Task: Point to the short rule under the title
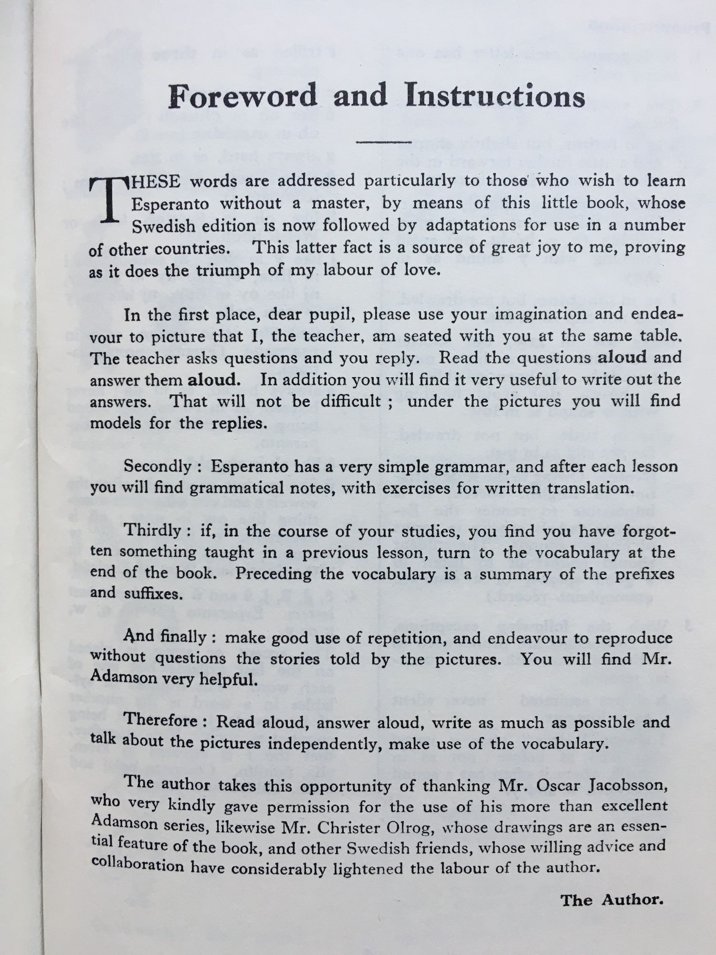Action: coord(384,141)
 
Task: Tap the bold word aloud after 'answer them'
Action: coord(212,380)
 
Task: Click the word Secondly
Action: coord(158,467)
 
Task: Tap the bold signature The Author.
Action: coord(611,901)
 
